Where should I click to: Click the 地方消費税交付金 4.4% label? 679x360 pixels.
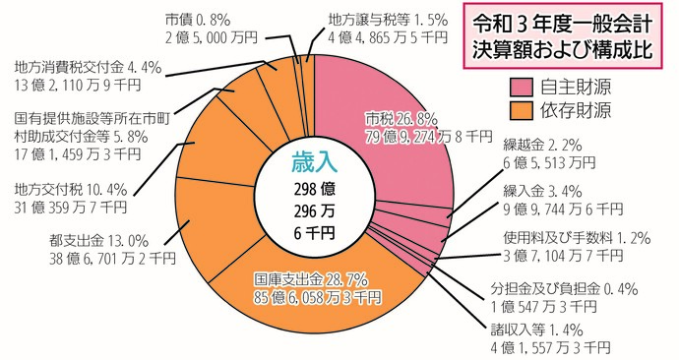(x=88, y=68)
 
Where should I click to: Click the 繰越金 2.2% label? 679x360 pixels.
(x=537, y=143)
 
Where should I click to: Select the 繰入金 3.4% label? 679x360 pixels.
(x=537, y=190)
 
